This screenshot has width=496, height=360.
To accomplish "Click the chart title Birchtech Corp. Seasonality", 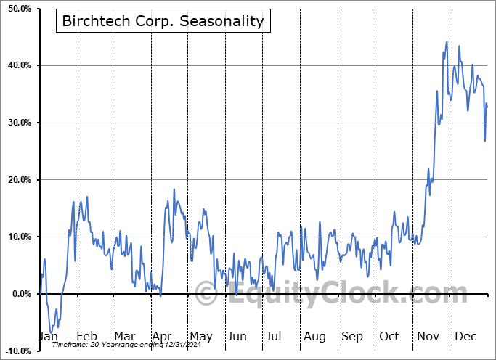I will (x=163, y=21).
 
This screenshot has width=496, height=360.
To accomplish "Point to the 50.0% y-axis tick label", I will (x=17, y=8).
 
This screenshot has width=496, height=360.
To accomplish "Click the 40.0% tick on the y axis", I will (x=17, y=65).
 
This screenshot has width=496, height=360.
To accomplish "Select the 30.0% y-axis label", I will (x=17, y=123).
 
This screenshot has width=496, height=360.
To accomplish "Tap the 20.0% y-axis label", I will (x=17, y=180).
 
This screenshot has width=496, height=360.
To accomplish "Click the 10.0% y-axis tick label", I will (x=17, y=237).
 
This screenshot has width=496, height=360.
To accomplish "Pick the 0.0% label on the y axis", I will (x=19, y=294).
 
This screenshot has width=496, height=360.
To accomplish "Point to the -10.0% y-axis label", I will (x=15, y=351).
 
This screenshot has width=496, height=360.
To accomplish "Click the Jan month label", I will (x=48, y=336).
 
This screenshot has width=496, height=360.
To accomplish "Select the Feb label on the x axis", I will (x=86, y=336).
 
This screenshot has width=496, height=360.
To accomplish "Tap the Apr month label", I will (x=162, y=336).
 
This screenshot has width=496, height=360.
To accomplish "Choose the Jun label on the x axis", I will (x=237, y=336).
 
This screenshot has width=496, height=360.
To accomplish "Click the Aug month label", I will (x=314, y=336).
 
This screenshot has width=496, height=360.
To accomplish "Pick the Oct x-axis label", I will (x=389, y=336).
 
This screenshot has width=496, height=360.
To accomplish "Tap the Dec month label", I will (x=465, y=336).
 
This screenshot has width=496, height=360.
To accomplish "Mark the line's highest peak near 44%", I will (x=447, y=42).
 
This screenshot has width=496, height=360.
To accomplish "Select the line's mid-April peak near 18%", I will (x=174, y=189).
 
